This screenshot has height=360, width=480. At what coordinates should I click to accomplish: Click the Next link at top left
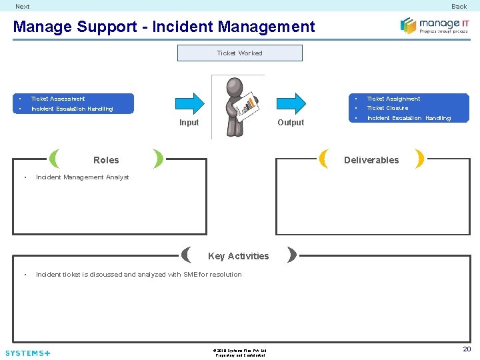[x=23, y=7]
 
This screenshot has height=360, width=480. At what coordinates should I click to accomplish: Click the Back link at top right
[x=459, y=7]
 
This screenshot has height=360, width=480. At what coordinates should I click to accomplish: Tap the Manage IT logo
[x=435, y=26]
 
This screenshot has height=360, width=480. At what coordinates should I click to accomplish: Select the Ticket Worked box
[x=239, y=53]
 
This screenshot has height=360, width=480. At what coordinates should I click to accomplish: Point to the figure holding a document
[x=238, y=105]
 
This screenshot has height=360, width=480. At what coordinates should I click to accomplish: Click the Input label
[x=189, y=123]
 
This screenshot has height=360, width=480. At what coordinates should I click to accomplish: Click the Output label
[x=291, y=123]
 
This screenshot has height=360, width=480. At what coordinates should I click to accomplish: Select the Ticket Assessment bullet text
[x=58, y=99]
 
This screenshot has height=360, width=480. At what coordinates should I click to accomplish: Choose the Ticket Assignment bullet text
[x=393, y=99]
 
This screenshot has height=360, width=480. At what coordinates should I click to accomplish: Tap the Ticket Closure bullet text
[x=387, y=108]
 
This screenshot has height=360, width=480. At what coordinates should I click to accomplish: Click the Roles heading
[x=106, y=160]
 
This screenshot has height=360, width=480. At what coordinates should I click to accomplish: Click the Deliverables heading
[x=371, y=160]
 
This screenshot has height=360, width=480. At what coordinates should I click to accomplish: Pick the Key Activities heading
[x=239, y=256]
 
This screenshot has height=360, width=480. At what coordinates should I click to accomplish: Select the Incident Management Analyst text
[x=82, y=177]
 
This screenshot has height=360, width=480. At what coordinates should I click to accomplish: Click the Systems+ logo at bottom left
[x=27, y=353]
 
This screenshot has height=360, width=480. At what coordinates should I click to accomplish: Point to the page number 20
[x=467, y=349]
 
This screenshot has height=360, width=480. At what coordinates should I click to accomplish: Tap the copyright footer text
[x=240, y=352]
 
